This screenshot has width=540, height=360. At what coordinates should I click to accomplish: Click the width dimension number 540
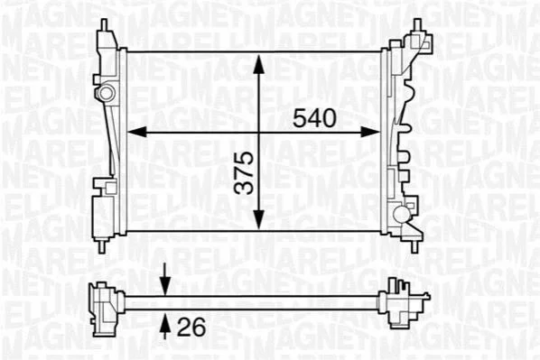(314, 118)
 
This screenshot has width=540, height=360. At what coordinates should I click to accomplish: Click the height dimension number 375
(244, 172)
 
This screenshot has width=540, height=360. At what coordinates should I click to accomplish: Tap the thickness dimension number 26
(191, 327)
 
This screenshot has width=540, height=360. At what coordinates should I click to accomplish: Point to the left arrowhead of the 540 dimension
(137, 132)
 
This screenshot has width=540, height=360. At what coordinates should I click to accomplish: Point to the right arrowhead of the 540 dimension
(370, 132)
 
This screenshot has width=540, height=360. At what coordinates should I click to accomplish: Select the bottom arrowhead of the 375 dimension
(258, 219)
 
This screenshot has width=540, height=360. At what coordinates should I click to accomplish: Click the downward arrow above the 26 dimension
(165, 279)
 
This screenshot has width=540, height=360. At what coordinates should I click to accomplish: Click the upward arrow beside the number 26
(165, 325)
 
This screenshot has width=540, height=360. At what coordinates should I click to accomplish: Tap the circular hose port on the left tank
(106, 92)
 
